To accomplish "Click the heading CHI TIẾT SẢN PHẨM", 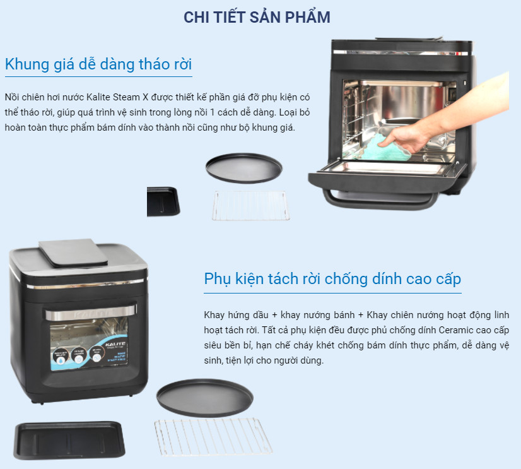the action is (x=257, y=17).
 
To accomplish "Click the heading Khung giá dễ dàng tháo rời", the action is (x=98, y=64).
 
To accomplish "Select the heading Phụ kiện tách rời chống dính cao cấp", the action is (x=332, y=280).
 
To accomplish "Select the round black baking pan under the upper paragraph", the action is (x=244, y=168).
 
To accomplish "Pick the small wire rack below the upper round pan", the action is (x=251, y=206).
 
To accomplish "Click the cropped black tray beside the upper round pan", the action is (x=163, y=201).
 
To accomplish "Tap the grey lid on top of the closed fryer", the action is (x=73, y=252).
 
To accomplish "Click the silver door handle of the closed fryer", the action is (x=91, y=312).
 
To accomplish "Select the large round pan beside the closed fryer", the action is (x=205, y=398).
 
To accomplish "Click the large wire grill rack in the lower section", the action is (x=213, y=437).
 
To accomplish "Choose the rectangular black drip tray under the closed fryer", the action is (x=69, y=441).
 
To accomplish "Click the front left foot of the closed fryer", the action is (x=42, y=403).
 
